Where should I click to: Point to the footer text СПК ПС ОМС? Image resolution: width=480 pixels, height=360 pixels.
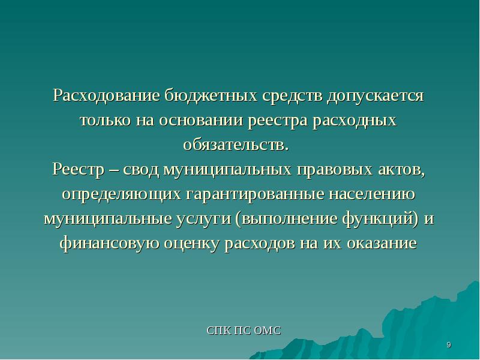pyautogui.click(x=244, y=331)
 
